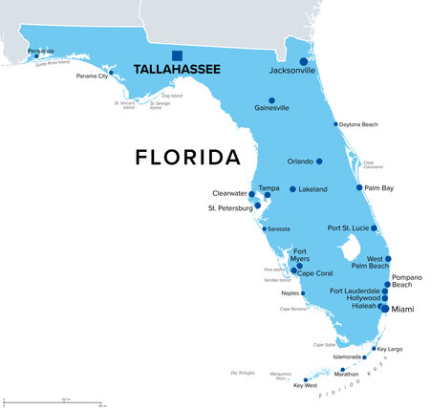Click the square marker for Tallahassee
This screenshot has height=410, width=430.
click(177, 55)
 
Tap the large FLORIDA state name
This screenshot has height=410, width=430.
click(187, 156)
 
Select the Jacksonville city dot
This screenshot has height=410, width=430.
click(304, 61)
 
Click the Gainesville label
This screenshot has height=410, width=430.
click(271, 108)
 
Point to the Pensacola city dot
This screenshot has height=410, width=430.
click(36, 56)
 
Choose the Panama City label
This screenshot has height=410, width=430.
click(94, 75)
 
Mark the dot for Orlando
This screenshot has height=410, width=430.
click(319, 162)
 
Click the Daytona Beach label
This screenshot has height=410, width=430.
click(361, 124)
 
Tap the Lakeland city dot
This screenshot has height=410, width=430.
click(292, 189)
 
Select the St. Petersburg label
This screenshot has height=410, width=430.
click(230, 207)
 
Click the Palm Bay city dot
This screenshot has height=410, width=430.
click(359, 187)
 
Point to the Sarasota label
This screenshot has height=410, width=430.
click(279, 229)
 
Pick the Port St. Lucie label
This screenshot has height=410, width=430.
click(348, 227)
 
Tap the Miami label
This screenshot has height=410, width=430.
click(403, 309)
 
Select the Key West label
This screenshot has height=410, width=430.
click(304, 385)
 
